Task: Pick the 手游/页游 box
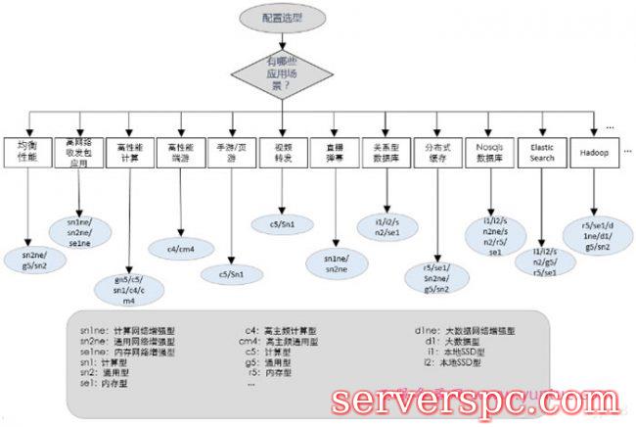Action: [x=231, y=153]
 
